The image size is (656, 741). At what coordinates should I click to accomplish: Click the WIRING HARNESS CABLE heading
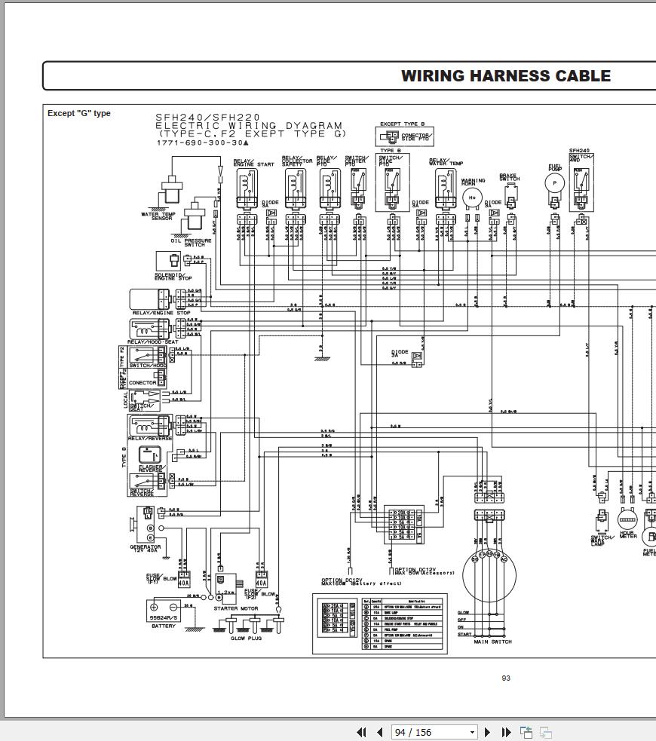pos(505,76)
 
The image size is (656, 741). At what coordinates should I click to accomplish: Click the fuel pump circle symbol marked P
pos(555,182)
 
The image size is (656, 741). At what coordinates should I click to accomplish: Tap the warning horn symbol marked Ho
pos(473,197)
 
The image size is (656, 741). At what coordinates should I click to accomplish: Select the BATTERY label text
pos(164,626)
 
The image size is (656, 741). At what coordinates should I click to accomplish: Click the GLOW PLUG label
pos(246,638)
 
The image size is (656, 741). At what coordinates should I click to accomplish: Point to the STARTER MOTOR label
pos(236,608)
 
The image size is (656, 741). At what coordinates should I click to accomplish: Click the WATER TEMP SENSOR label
pos(157,216)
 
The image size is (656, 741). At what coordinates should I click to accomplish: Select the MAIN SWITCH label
pos(492,642)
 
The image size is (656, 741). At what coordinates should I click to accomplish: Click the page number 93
pos(506,678)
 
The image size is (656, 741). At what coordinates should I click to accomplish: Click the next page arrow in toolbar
pos(487,732)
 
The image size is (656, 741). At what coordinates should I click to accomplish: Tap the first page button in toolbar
pos(361,732)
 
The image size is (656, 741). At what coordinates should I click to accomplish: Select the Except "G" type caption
pos(79,113)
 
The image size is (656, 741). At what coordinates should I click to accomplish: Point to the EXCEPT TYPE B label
pos(402,124)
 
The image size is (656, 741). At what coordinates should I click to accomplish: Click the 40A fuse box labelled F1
pos(184,582)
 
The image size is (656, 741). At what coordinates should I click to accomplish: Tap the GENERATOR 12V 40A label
pos(146,549)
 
